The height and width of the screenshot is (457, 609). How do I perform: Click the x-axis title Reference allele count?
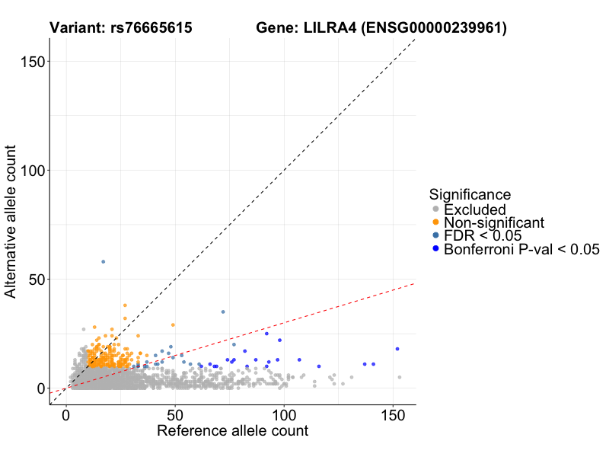tap(232, 431)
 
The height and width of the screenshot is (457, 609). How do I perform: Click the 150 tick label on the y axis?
tap(32, 62)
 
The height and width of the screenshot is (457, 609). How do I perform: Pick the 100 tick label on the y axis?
tap(32, 171)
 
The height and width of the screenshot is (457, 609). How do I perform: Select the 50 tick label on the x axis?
tap(175, 415)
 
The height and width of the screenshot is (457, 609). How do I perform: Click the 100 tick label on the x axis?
tap(284, 415)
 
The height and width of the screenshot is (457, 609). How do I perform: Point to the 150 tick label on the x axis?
tap(393, 415)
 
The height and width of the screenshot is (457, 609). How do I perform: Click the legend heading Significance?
tap(470, 194)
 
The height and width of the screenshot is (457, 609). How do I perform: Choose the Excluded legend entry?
tap(475, 209)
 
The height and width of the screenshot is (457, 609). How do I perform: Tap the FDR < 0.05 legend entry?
tap(483, 235)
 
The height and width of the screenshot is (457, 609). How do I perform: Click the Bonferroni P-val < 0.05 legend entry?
tap(522, 249)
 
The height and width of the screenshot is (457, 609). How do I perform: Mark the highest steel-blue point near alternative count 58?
tap(104, 262)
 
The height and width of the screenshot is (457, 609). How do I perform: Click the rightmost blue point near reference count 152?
tap(397, 349)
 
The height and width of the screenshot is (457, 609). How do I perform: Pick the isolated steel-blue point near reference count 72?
tap(223, 312)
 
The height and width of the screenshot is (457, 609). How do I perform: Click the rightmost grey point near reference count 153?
tap(400, 377)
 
